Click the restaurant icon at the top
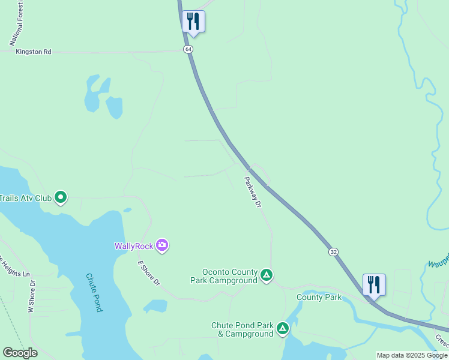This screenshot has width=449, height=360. click(193, 22)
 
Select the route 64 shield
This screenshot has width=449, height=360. click(188, 49)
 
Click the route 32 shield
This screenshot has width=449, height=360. click(333, 252)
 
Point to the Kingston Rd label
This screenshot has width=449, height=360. click(34, 52)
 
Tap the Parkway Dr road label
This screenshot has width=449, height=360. click(253, 192)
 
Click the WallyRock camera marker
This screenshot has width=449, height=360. click(162, 245)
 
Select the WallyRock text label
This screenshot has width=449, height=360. click(133, 245)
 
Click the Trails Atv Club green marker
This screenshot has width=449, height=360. click(60, 197)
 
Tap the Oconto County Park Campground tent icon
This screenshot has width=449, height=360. click(267, 276)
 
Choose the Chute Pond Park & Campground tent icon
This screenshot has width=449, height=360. click(282, 329)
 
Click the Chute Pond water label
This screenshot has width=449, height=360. click(94, 292)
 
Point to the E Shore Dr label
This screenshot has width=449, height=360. click(149, 272)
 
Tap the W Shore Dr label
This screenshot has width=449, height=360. click(32, 296)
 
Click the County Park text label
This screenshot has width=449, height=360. click(319, 297)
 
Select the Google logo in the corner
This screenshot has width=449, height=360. click(20, 353)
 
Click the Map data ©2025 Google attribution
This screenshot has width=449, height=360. click(412, 356)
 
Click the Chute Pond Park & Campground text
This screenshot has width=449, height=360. click(242, 329)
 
